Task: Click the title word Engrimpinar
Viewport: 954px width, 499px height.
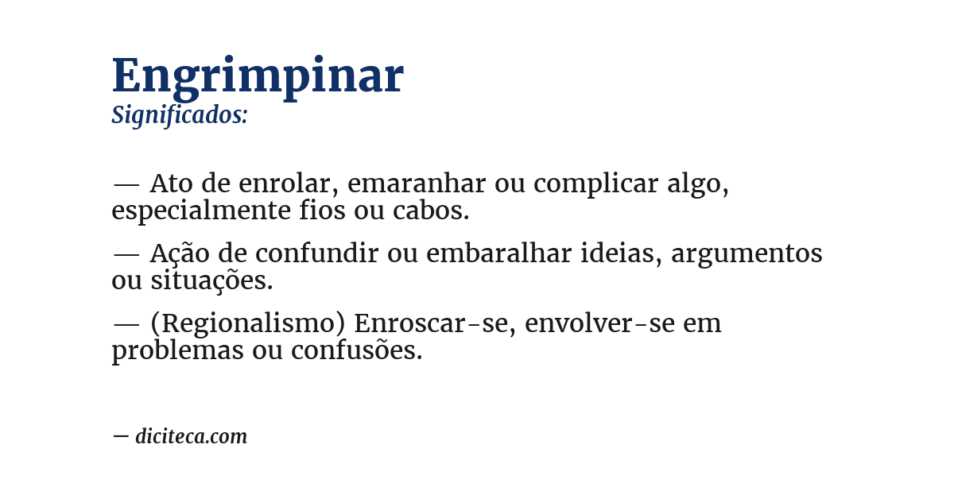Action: click(258, 76)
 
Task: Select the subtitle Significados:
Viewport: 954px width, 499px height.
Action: click(180, 115)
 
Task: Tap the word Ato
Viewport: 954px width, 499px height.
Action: click(171, 184)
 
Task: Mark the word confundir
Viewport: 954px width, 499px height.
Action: click(316, 253)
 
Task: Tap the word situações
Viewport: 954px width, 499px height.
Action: click(211, 281)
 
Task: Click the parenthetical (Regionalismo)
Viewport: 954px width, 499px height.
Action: click(246, 324)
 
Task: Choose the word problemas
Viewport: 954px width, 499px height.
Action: click(177, 351)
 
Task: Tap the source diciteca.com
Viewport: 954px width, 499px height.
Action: click(191, 436)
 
